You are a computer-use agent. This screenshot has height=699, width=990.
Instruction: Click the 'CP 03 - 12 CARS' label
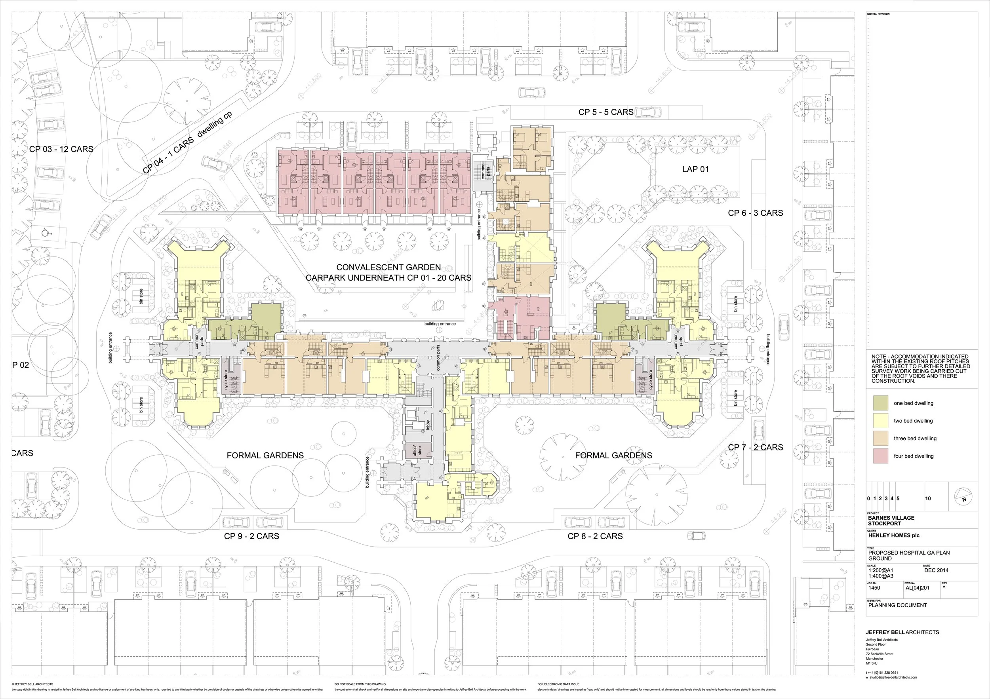tap(61, 149)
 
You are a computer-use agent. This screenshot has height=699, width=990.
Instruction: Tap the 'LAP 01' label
tap(695, 169)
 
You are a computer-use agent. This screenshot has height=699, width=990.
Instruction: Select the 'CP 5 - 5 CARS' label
tap(605, 112)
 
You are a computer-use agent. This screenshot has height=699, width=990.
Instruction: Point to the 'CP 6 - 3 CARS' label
tap(756, 213)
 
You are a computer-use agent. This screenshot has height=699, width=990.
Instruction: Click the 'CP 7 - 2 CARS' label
tap(756, 447)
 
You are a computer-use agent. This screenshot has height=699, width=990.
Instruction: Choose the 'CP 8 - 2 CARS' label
tap(595, 536)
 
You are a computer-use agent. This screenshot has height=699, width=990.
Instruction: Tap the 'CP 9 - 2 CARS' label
tap(251, 536)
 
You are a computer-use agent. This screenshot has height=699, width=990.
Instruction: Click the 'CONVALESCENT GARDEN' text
tap(388, 268)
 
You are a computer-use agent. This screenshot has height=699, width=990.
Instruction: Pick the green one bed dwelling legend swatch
tap(880, 403)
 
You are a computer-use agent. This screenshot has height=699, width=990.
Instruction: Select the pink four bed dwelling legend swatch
tap(880, 456)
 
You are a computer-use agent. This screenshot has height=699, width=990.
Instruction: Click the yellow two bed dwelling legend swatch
tap(880, 421)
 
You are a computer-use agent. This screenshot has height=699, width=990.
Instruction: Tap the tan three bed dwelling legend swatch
tap(880, 438)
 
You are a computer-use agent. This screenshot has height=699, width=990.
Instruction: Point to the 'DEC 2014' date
tap(936, 570)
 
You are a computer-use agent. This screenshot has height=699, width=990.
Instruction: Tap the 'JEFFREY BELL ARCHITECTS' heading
tap(902, 632)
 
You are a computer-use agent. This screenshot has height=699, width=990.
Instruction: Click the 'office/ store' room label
tap(417, 451)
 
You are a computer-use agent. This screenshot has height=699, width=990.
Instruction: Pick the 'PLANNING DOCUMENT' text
tap(897, 605)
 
